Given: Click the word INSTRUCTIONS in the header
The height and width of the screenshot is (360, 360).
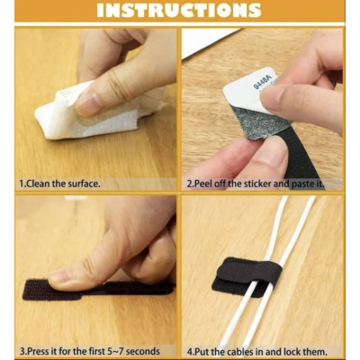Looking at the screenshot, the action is click(x=179, y=11).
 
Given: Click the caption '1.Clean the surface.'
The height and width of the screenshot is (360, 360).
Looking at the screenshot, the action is click(x=59, y=184).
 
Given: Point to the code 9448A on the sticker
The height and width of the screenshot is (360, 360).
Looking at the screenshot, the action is click(x=263, y=83).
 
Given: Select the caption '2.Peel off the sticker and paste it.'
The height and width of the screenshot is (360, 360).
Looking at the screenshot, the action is click(x=256, y=184).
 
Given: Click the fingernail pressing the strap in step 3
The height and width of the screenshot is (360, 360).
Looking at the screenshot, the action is click(x=59, y=276).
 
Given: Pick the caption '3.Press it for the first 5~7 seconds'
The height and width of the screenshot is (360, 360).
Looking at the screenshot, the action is click(x=90, y=351).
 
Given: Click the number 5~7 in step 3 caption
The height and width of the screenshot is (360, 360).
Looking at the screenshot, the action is click(x=114, y=351).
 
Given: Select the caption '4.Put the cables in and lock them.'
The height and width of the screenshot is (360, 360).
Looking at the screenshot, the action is click(x=256, y=351).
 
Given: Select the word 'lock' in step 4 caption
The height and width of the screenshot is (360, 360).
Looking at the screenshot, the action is click(x=292, y=351).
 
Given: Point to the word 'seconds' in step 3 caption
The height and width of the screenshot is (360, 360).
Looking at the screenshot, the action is click(x=142, y=351).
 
